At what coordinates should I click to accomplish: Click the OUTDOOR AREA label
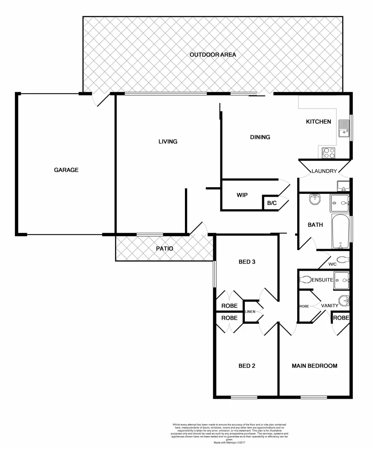213,54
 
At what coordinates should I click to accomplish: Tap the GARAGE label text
66,170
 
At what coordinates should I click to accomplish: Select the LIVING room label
168,141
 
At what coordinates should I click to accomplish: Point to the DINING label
260,137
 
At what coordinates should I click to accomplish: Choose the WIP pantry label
242,195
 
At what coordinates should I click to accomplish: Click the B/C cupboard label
271,203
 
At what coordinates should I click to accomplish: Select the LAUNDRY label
324,171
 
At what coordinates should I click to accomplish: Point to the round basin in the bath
315,200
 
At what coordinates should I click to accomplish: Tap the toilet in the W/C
342,260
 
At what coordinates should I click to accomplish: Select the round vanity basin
343,300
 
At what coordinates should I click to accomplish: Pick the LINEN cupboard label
250,311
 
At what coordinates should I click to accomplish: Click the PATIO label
164,249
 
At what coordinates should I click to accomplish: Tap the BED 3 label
247,262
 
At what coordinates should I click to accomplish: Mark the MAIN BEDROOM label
314,366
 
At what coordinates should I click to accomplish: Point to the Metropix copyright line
229,443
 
